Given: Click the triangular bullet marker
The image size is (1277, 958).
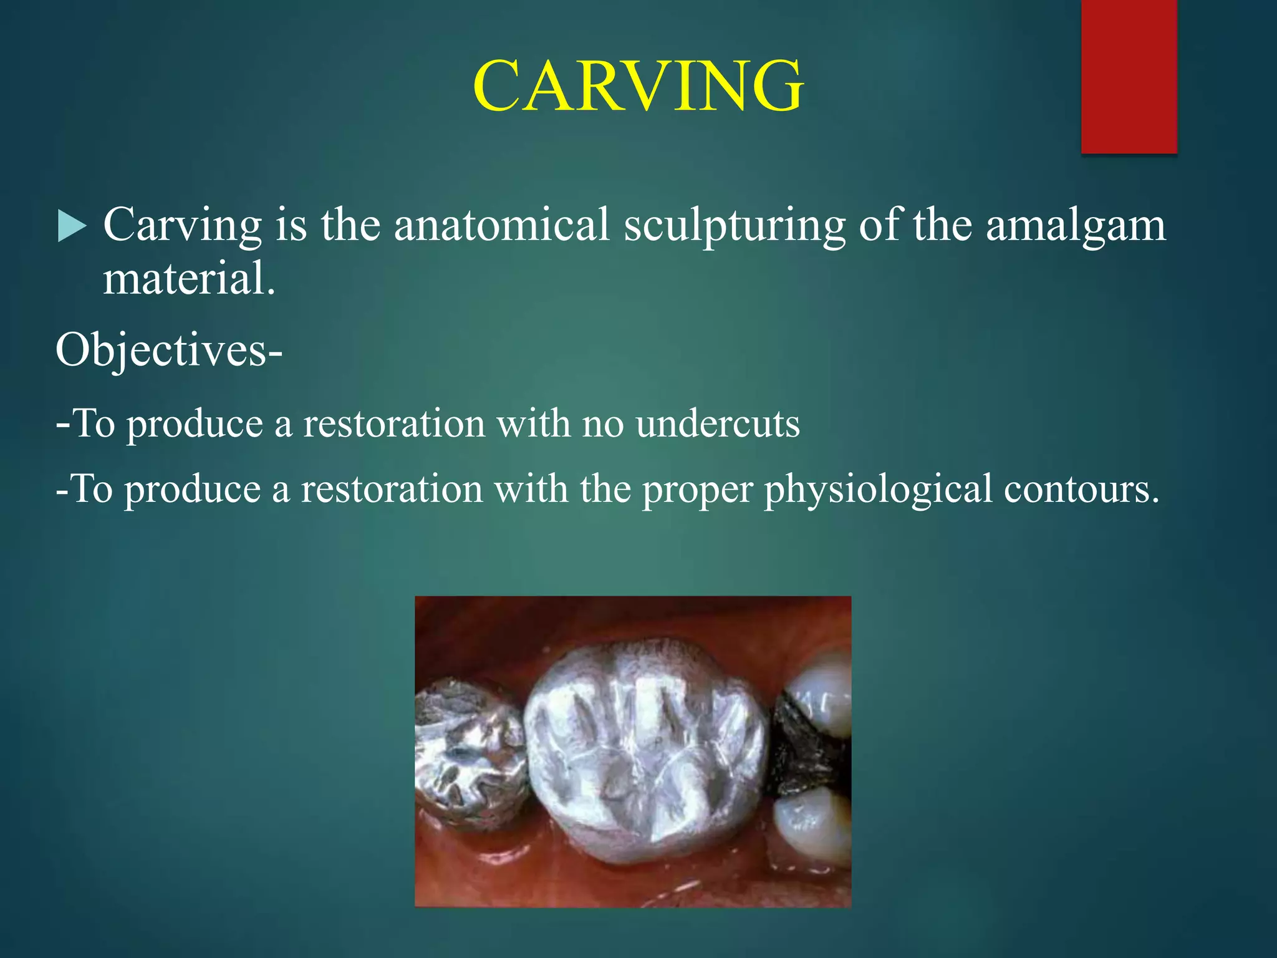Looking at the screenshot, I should click(70, 226).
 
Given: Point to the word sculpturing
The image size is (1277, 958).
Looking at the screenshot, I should click(734, 226).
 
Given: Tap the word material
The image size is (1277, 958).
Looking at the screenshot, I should click(188, 279).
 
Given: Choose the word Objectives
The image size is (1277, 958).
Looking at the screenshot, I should click(161, 351).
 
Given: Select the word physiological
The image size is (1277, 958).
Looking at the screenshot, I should click(878, 490).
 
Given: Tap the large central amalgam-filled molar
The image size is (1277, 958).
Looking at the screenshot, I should click(645, 748).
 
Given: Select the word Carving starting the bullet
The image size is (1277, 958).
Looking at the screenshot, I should click(182, 226).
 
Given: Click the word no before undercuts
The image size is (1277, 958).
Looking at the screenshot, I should click(603, 424).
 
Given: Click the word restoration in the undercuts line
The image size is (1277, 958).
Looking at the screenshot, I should click(394, 424).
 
